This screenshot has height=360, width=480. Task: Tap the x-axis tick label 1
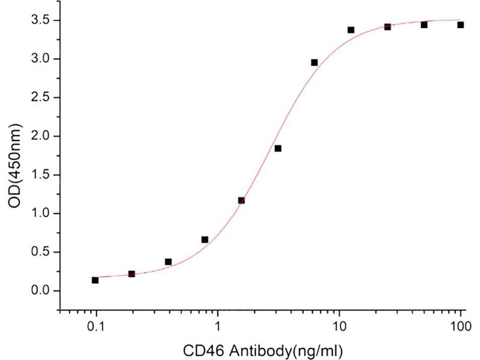click(218, 327)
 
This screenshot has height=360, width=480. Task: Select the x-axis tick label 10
click(340, 327)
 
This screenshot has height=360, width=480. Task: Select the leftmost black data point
click(95, 280)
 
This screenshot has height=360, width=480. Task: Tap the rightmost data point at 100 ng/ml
click(461, 25)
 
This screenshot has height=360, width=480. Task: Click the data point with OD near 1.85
click(278, 148)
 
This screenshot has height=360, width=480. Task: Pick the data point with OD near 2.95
click(314, 62)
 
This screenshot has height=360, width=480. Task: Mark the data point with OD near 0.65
click(205, 239)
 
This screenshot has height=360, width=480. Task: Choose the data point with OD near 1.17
click(241, 200)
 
